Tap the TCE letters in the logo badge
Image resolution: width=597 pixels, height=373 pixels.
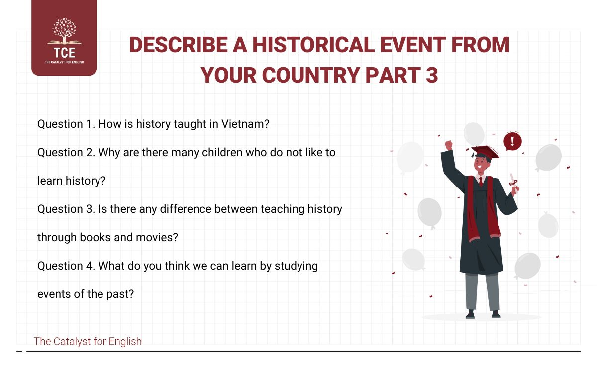(64, 53)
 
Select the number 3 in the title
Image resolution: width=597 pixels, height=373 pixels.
(431, 75)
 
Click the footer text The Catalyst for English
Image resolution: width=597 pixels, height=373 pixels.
(88, 341)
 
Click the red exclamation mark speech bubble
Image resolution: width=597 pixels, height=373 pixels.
(512, 142)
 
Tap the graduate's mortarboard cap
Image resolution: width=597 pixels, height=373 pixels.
(485, 151)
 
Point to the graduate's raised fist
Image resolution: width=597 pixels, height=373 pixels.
(449, 145)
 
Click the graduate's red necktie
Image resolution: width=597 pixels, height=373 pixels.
(481, 181)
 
